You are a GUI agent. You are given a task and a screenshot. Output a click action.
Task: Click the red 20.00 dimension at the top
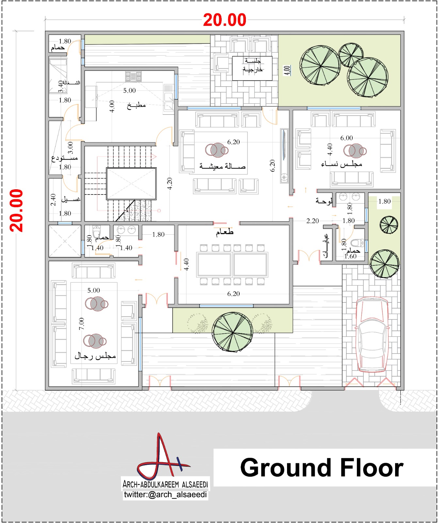pos(224,20)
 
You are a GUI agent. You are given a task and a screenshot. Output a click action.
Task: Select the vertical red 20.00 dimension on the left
pos(16,211)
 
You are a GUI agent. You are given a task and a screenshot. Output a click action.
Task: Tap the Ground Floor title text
pos(321,468)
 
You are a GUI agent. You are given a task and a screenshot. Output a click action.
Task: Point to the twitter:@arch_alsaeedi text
pos(165,495)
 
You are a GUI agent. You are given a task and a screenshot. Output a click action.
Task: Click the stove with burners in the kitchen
pos(133,77)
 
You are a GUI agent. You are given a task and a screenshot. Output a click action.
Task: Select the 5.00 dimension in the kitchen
pos(129,91)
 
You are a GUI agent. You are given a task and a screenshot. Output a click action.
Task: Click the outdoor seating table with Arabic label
pos(252,68)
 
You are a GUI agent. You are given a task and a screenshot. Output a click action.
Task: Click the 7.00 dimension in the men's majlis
pos(82,324)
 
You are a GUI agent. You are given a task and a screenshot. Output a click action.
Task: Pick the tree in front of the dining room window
pos(232,332)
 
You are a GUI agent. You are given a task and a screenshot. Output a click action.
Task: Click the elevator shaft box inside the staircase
pos(131,184)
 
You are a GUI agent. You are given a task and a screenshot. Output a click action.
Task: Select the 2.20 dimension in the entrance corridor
pos(312,221)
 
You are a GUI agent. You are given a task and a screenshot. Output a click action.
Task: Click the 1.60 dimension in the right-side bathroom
pos(350,256)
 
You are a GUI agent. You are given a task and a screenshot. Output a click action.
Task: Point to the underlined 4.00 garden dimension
pos(287,70)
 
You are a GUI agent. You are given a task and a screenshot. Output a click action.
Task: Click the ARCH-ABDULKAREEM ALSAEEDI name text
pos(165,484)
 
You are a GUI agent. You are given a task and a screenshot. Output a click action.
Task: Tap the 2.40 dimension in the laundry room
pos(53,200)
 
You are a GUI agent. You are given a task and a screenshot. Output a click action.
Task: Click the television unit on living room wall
pos(284,155)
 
